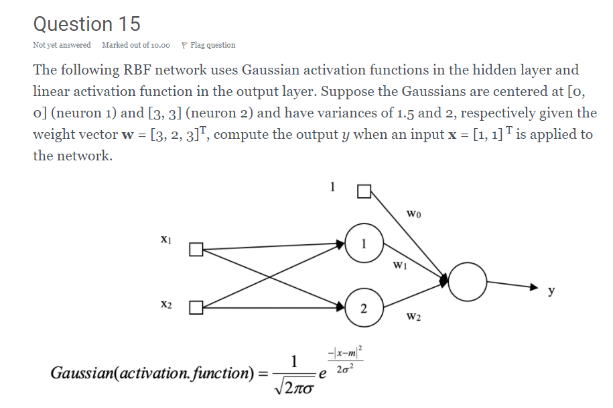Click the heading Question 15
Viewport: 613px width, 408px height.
click(x=87, y=24)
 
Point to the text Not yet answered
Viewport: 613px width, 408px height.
click(x=62, y=46)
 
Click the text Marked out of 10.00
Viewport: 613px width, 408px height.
click(x=136, y=46)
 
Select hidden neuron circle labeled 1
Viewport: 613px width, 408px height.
click(x=364, y=243)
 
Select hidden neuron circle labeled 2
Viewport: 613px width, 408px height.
click(x=363, y=309)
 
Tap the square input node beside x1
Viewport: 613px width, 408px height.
click(x=195, y=250)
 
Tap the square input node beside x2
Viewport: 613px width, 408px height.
click(x=195, y=309)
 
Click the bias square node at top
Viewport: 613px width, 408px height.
click(x=364, y=193)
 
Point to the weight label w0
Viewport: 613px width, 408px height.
click(x=413, y=214)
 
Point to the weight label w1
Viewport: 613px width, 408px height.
click(x=400, y=264)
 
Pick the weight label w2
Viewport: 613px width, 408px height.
click(x=413, y=316)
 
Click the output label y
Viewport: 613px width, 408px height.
click(x=551, y=291)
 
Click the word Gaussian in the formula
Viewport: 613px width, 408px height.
click(x=78, y=372)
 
